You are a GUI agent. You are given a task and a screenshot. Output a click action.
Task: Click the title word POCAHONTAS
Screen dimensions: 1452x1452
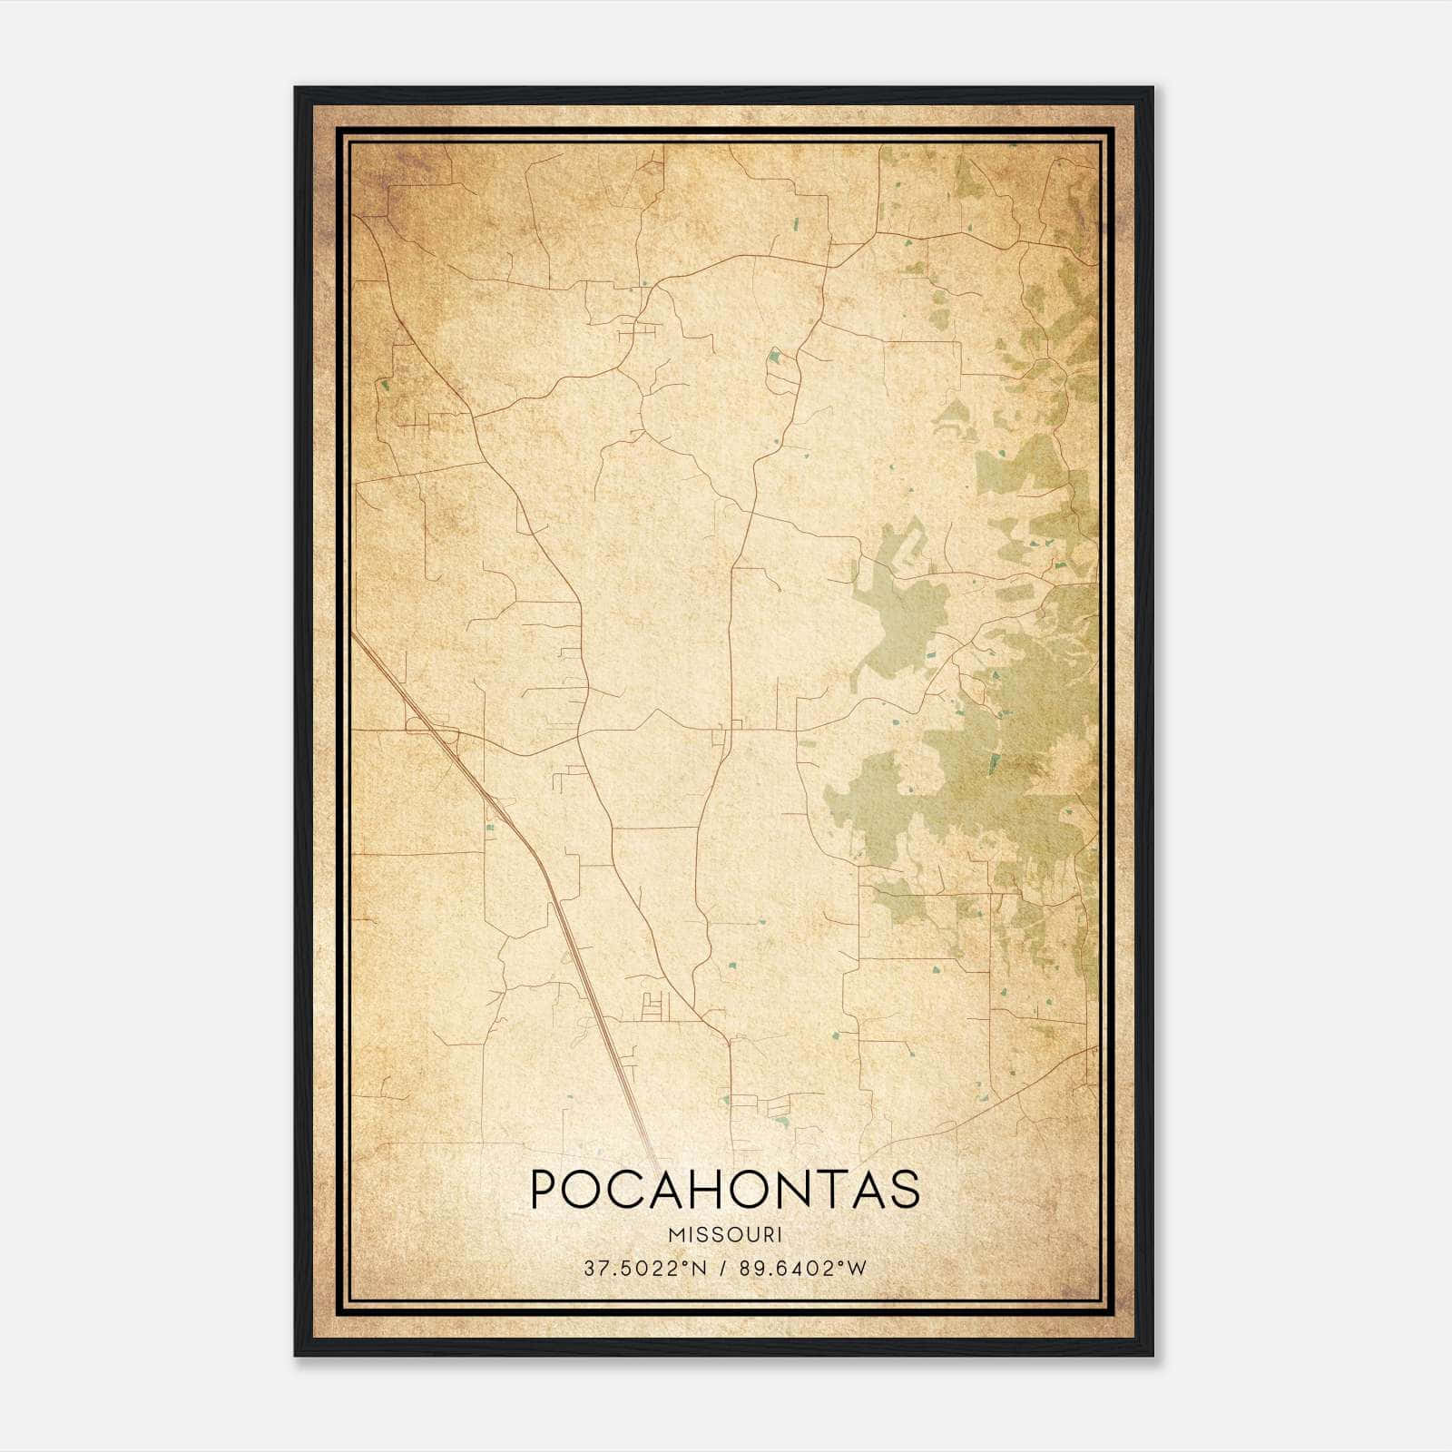point(725,1189)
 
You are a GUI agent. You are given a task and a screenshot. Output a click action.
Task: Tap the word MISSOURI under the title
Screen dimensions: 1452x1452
point(725,1234)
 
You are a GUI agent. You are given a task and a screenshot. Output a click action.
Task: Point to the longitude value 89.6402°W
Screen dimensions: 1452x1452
point(802,1268)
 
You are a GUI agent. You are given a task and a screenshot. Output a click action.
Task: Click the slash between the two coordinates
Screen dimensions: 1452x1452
point(721,1268)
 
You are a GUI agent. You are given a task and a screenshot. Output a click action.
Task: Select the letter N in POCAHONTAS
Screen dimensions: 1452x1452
point(799,1189)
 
